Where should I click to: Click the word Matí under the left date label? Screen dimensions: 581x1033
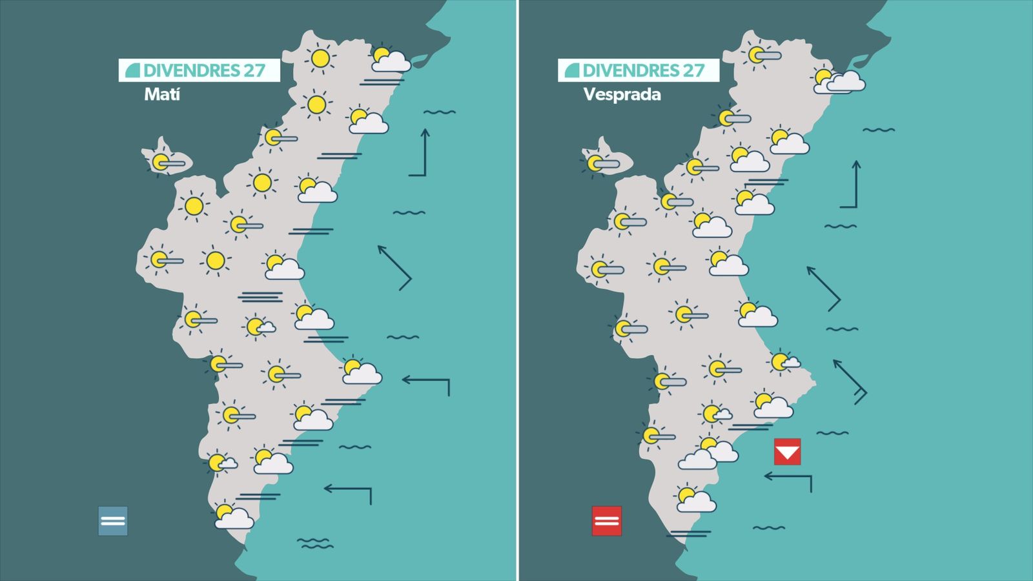coord(161,94)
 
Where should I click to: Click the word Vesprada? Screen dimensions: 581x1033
coord(622,94)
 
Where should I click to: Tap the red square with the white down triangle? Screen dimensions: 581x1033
coord(787,452)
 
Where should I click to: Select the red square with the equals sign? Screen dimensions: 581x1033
coord(606,521)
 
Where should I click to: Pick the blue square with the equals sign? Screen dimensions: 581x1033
coord(113,521)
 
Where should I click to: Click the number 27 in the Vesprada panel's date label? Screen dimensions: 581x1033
coord(693,70)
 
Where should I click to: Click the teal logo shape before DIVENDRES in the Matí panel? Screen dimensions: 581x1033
coord(132,70)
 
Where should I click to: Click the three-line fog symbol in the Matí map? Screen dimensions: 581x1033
coord(260,297)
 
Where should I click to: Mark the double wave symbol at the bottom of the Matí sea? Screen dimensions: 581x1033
coord(315,543)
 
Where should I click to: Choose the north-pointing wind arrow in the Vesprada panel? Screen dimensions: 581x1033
coord(852,185)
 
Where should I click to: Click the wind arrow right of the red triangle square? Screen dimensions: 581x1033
coord(789,480)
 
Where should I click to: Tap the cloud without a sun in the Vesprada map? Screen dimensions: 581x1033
coord(697,460)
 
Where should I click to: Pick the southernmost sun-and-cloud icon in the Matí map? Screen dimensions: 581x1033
coord(232,516)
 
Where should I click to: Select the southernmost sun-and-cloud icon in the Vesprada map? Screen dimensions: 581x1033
coord(695,500)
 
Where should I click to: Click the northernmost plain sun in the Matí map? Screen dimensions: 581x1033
coord(320,58)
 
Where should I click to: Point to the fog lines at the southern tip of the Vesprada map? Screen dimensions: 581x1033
coord(690,534)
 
